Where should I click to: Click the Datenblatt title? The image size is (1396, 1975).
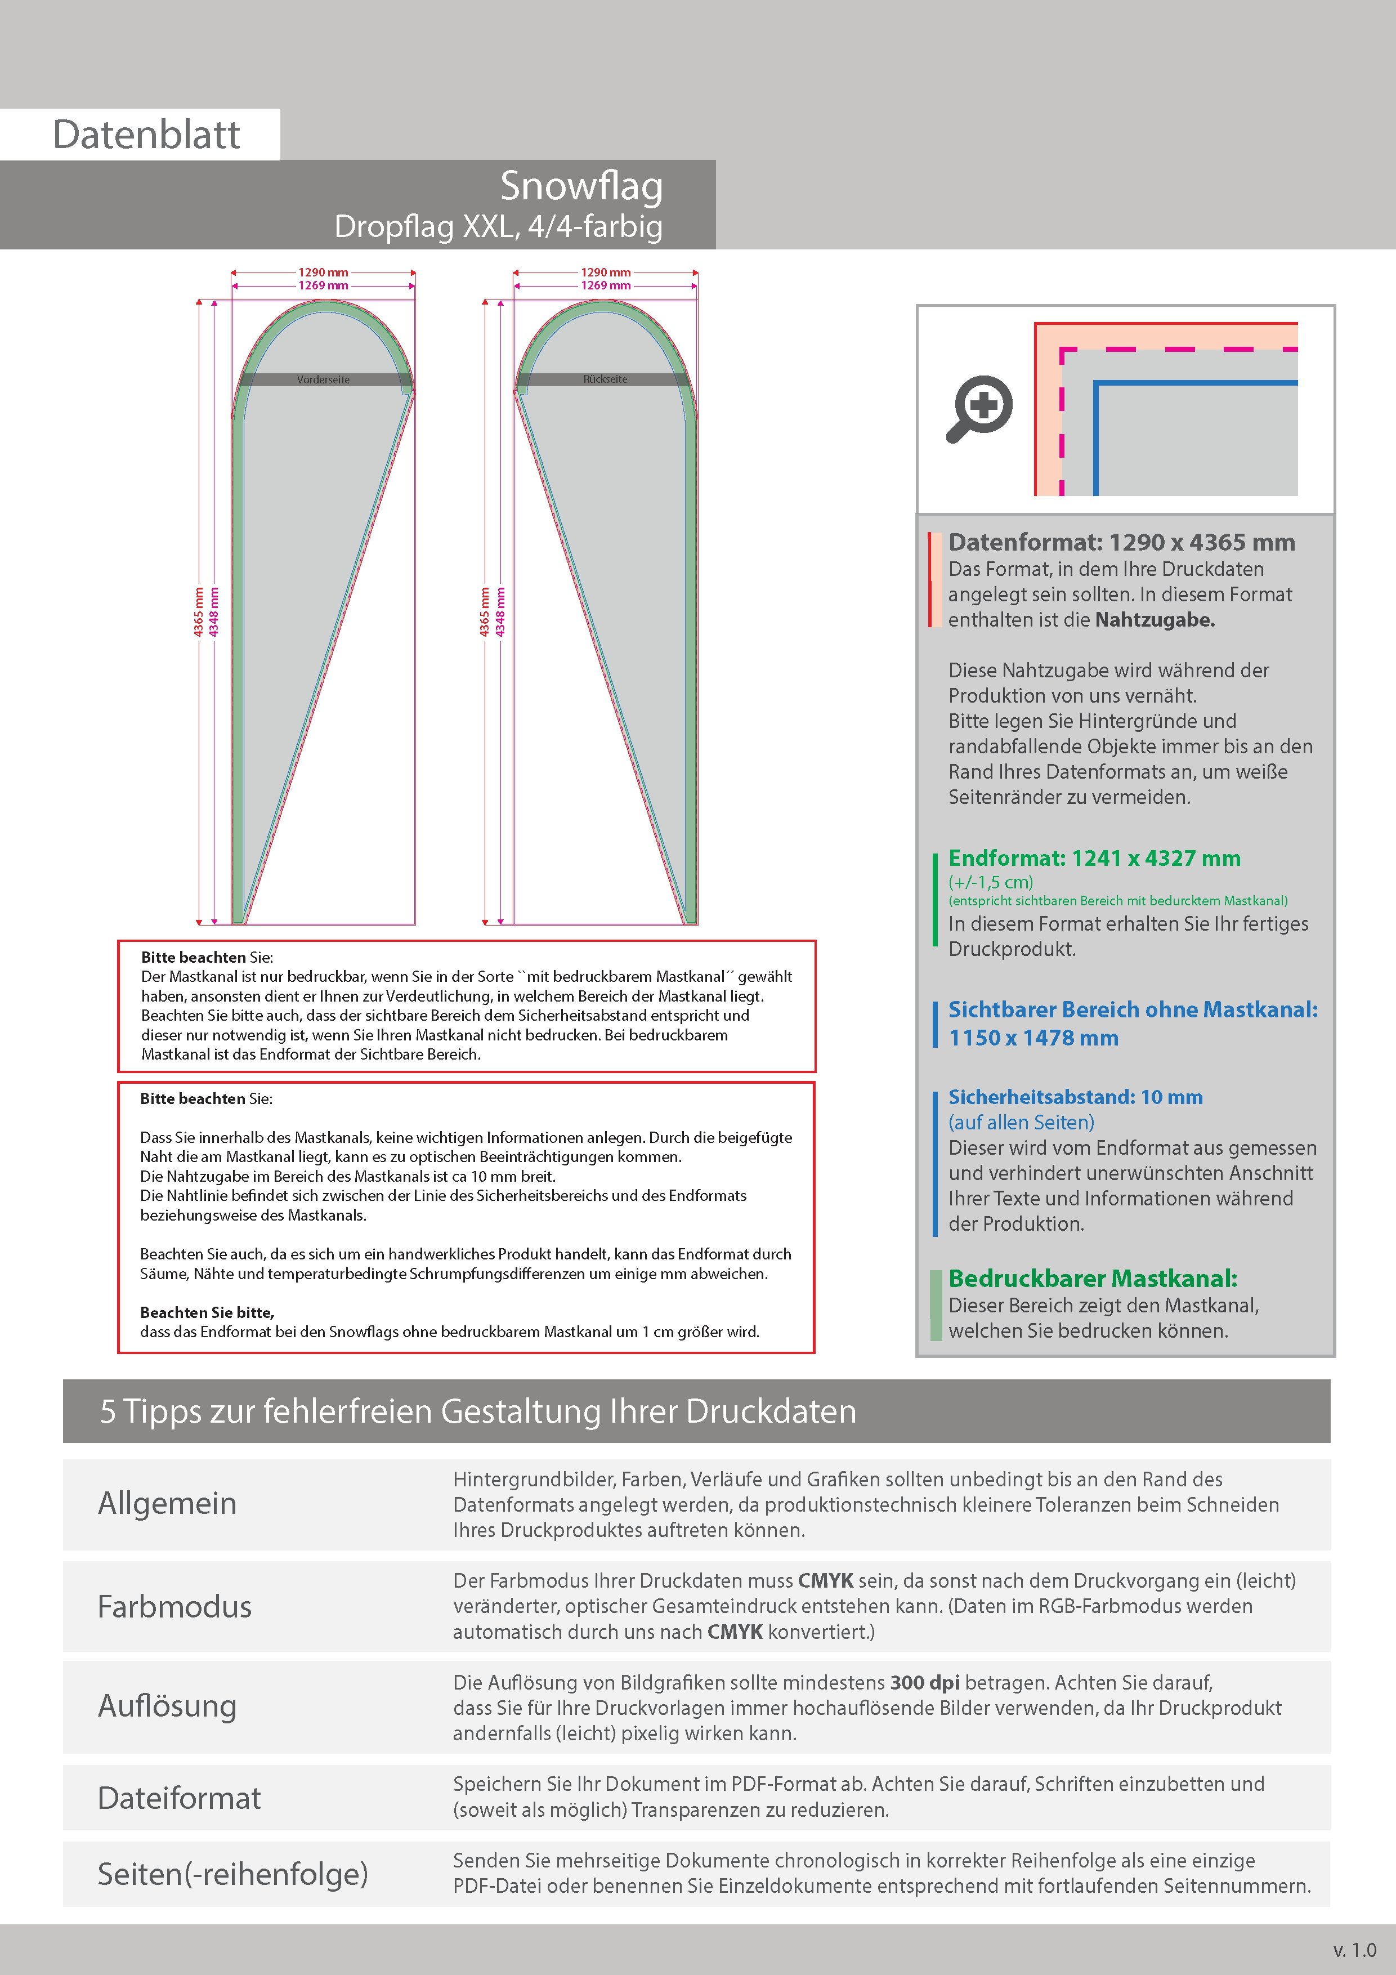[146, 135]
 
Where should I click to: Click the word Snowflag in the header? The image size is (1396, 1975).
[581, 186]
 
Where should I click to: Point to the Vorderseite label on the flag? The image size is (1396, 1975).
[324, 379]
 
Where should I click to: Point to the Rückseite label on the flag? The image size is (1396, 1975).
[606, 379]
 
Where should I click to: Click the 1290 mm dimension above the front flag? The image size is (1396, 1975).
[324, 272]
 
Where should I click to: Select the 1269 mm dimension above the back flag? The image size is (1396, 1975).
[606, 285]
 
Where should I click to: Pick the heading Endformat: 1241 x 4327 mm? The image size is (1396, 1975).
[1094, 859]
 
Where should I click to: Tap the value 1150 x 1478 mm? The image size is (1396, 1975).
[1033, 1038]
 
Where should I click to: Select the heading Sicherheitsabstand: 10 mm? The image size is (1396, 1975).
[1075, 1098]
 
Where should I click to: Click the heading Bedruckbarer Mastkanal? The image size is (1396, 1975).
[1093, 1279]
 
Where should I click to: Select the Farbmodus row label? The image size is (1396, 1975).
[174, 1607]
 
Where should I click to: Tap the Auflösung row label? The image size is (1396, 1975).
[167, 1706]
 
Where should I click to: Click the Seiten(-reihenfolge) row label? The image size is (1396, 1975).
[232, 1874]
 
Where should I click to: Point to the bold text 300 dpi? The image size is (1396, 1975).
[925, 1683]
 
